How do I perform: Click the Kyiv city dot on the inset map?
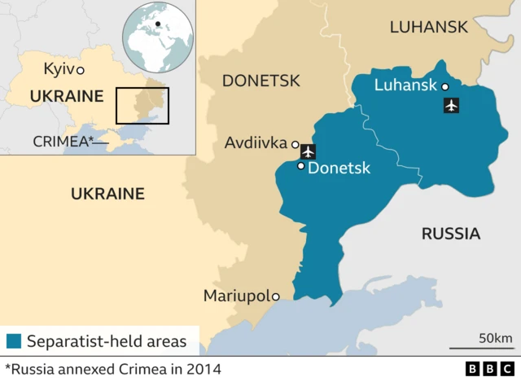click(x=80, y=71)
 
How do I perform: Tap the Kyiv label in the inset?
click(x=58, y=69)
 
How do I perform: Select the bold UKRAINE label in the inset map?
click(x=67, y=97)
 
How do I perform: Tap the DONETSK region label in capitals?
click(x=261, y=81)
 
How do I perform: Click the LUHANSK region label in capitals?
click(x=428, y=27)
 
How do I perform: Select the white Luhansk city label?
click(x=405, y=85)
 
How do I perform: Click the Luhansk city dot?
click(x=444, y=86)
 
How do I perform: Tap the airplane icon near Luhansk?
click(x=451, y=105)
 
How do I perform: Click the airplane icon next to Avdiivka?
click(x=308, y=151)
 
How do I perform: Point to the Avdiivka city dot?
click(x=295, y=145)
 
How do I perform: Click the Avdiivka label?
click(x=256, y=144)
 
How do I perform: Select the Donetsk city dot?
click(x=300, y=166)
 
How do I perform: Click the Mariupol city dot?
click(x=276, y=296)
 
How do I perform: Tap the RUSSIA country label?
click(x=450, y=234)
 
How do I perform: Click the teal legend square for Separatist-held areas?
click(x=14, y=340)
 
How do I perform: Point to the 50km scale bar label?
click(x=495, y=338)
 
